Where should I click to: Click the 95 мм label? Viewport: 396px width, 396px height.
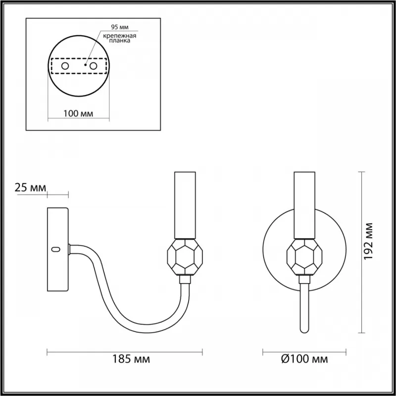tap(120, 27)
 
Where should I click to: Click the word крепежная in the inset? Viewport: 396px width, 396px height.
tap(120, 36)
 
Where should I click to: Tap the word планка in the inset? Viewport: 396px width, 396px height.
tap(120, 41)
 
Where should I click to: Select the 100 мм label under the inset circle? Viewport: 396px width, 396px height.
tap(78, 114)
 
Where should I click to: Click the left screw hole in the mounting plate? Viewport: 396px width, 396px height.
tap(65, 66)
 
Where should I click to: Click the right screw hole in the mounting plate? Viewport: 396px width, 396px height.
tap(93, 66)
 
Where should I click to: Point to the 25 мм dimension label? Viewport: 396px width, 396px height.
tap(31, 188)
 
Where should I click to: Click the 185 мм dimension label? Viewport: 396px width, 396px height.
tap(131, 358)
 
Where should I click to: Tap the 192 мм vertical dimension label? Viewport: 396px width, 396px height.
tap(369, 241)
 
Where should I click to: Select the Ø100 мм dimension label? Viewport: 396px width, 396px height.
tap(304, 358)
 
